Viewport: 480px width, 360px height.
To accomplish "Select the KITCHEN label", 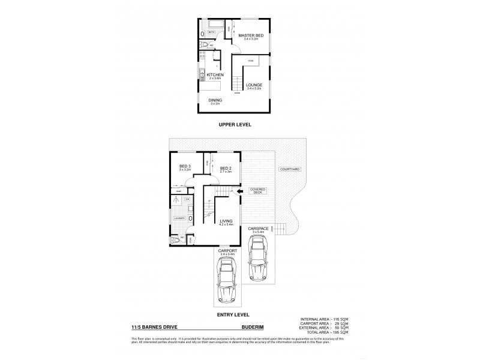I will pyautogui.click(x=215, y=75).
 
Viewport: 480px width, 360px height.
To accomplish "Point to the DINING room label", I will pyautogui.click(x=215, y=100).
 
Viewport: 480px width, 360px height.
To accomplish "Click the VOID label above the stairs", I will pyautogui.click(x=250, y=61).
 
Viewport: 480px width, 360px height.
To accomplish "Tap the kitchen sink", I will pyautogui.click(x=202, y=76).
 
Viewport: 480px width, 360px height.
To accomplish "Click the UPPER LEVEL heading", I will pyautogui.click(x=235, y=124).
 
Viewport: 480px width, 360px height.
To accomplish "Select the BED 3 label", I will pyautogui.click(x=185, y=167).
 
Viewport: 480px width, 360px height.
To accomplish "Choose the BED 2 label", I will pyautogui.click(x=225, y=167).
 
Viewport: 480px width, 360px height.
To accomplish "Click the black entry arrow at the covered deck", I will pyautogui.click(x=239, y=192).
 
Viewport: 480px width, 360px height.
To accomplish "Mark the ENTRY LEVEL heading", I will pyautogui.click(x=234, y=314).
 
